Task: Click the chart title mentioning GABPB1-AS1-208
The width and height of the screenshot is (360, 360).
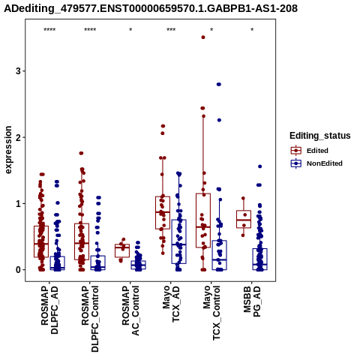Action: click(x=151, y=8)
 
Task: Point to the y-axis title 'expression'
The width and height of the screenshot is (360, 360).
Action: click(x=8, y=150)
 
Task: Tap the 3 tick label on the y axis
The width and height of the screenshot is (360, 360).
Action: click(x=18, y=71)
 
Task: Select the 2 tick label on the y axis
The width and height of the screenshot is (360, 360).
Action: click(x=18, y=137)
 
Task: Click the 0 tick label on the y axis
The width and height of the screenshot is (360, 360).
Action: click(x=18, y=270)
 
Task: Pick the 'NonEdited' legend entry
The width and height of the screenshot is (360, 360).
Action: click(x=316, y=163)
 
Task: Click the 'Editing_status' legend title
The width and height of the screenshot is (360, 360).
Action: click(x=320, y=136)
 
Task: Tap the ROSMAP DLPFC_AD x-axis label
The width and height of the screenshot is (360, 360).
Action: click(x=49, y=310)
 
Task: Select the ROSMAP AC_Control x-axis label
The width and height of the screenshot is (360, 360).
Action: click(x=130, y=310)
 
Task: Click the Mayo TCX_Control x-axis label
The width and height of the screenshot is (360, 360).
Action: click(x=211, y=313)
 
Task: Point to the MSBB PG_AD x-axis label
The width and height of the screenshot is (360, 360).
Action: click(x=252, y=301)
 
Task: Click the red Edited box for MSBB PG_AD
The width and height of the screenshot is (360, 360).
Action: click(x=244, y=219)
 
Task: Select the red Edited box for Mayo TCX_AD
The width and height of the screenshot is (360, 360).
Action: click(x=163, y=213)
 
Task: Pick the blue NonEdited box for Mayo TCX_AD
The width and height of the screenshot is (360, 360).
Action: click(x=178, y=241)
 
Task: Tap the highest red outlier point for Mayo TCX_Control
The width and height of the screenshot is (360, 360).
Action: click(x=203, y=37)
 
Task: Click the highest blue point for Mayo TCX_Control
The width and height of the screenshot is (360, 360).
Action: click(x=219, y=85)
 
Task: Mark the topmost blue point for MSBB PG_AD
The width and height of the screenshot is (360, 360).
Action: click(x=260, y=166)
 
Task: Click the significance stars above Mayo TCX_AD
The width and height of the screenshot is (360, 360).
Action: click(x=171, y=30)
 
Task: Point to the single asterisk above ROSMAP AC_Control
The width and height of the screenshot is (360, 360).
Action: click(x=130, y=30)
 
